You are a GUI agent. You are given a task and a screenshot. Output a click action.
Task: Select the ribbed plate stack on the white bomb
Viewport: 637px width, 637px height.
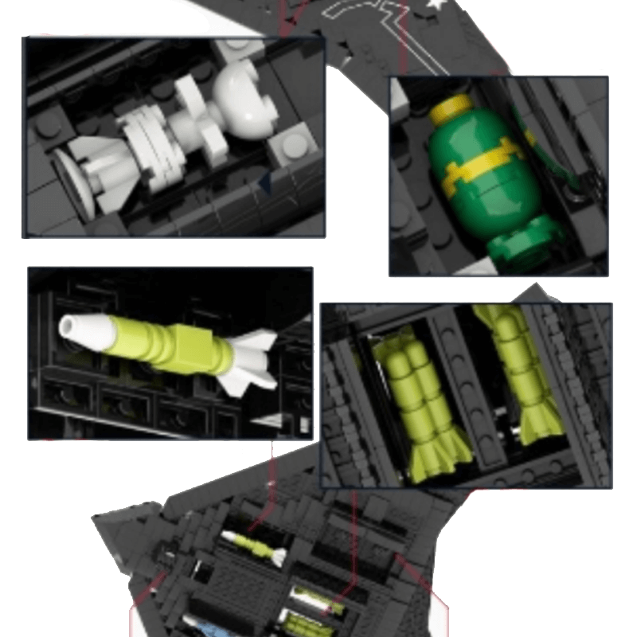147,143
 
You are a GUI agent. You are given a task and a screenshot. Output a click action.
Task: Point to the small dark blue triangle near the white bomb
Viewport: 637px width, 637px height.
265,185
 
